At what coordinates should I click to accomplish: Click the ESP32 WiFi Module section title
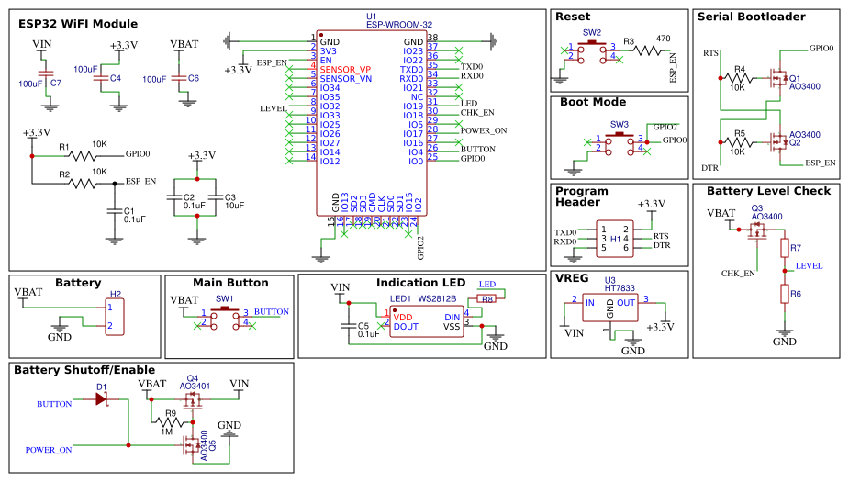click(x=78, y=24)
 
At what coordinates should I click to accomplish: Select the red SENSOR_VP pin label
click(x=345, y=70)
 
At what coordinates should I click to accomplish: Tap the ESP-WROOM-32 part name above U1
click(x=398, y=25)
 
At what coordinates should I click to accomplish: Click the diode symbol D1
click(x=101, y=399)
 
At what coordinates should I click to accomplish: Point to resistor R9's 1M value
click(x=167, y=432)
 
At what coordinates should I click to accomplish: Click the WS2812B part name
click(x=437, y=298)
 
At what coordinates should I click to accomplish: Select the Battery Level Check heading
click(x=768, y=191)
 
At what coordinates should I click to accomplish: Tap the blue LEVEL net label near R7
click(x=809, y=265)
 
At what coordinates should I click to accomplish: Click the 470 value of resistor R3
click(x=664, y=38)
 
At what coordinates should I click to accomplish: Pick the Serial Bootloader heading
click(x=751, y=17)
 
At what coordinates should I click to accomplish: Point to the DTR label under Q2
click(x=709, y=168)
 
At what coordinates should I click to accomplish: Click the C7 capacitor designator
click(x=56, y=83)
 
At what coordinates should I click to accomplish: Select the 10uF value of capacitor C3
click(x=234, y=206)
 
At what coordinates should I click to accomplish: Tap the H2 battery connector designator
click(x=116, y=295)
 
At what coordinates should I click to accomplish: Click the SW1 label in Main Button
click(x=224, y=299)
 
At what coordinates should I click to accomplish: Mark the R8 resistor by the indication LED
click(x=487, y=298)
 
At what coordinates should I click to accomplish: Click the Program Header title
click(x=581, y=196)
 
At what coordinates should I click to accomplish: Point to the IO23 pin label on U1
click(x=413, y=51)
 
